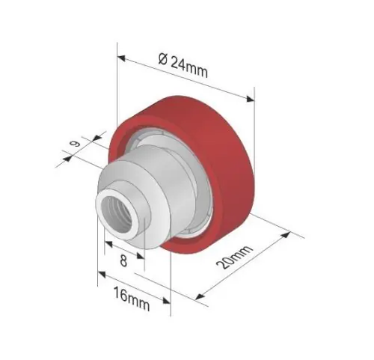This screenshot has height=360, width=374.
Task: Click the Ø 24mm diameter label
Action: pyautogui.click(x=183, y=66)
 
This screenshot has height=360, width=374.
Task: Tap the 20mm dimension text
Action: pyautogui.click(x=233, y=257)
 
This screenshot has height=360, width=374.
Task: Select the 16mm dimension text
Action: pyautogui.click(x=132, y=299)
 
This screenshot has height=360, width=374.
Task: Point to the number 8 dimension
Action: pyautogui.click(x=123, y=261)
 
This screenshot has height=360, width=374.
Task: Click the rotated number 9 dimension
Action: pyautogui.click(x=75, y=144)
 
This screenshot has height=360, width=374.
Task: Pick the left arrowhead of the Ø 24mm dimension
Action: pyautogui.click(x=121, y=58)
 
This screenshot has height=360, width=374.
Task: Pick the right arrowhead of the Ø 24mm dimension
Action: pyautogui.click(x=250, y=99)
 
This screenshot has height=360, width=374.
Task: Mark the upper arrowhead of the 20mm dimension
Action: pyautogui.click(x=286, y=235)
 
